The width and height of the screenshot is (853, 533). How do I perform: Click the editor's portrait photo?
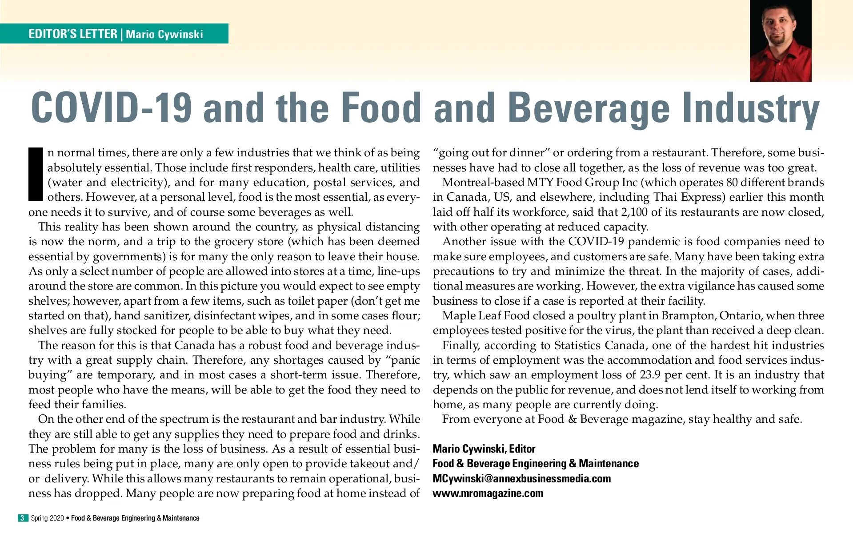tap(780, 41)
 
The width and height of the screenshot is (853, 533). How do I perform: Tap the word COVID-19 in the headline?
tap(111, 108)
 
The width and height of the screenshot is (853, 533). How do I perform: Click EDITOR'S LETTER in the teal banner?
tap(72, 34)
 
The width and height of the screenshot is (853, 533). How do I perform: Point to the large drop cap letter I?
tap(36, 174)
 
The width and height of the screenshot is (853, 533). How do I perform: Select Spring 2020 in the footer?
tap(47, 518)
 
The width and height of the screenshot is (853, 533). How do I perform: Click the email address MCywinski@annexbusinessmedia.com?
tap(521, 478)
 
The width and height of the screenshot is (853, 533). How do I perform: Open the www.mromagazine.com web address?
tap(488, 493)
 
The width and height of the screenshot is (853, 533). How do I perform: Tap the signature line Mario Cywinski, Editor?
tap(484, 449)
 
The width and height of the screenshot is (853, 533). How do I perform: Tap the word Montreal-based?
tap(483, 182)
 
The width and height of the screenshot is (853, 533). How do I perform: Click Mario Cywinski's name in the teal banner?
tap(164, 34)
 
